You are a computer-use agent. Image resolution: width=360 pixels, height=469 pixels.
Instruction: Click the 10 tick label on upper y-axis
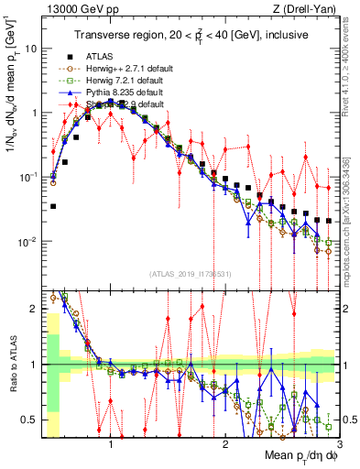[33, 48]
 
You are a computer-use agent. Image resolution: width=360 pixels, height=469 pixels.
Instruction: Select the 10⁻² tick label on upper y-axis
[31, 242]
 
